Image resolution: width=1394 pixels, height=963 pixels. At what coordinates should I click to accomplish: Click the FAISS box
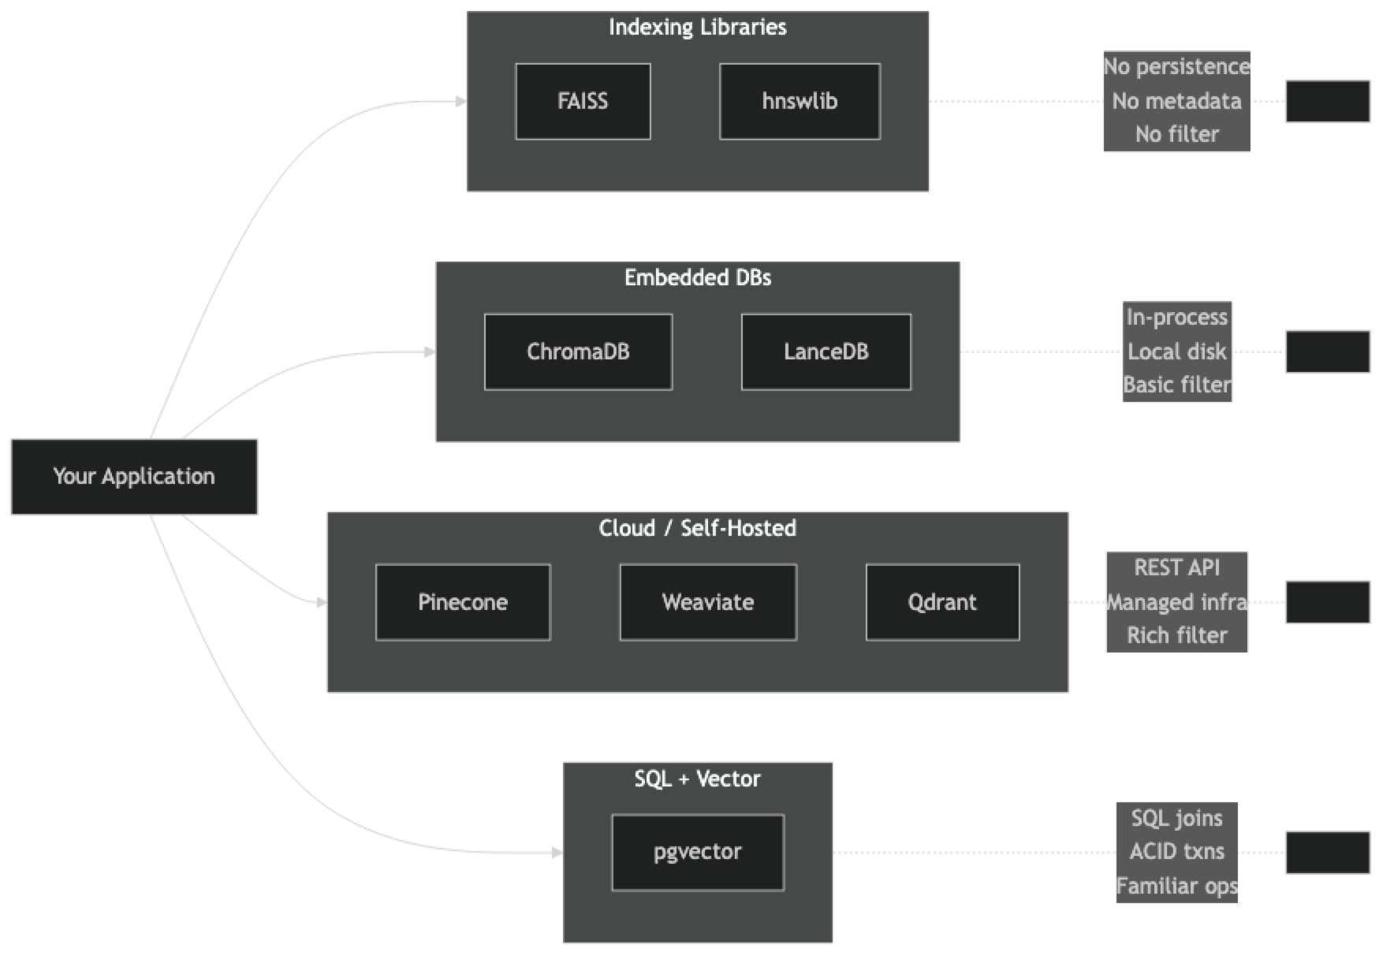click(583, 102)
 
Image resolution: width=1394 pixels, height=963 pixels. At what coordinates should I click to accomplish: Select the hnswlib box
click(799, 102)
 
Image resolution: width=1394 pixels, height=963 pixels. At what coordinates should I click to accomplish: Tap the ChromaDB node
click(578, 351)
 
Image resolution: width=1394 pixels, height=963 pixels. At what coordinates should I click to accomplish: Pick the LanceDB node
click(826, 351)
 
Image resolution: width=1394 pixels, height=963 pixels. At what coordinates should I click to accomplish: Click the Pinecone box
click(463, 602)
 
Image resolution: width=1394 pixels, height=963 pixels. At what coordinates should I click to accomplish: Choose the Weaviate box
click(708, 602)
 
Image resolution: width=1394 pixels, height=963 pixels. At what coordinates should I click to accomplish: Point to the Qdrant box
click(942, 602)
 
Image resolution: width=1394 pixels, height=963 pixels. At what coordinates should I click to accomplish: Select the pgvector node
click(698, 852)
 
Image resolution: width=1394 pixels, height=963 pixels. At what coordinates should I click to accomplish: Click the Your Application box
click(134, 477)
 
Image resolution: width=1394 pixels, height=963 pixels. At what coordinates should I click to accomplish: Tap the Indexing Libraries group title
click(698, 28)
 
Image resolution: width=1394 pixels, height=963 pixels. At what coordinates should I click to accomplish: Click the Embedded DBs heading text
click(698, 277)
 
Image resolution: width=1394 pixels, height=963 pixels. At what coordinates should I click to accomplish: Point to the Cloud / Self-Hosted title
click(698, 528)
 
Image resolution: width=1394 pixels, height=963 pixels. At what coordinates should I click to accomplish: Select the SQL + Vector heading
click(698, 779)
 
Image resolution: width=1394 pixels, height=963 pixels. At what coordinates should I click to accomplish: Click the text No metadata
click(1176, 101)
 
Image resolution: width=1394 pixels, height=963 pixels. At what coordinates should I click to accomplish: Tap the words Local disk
click(1176, 351)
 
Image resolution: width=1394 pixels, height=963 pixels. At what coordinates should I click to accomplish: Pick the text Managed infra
click(1176, 602)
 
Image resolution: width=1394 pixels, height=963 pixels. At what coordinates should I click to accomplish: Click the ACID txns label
click(1176, 852)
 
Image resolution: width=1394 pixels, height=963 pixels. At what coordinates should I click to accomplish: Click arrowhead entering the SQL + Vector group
click(556, 853)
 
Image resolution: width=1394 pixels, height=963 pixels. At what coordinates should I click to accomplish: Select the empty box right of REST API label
click(1328, 602)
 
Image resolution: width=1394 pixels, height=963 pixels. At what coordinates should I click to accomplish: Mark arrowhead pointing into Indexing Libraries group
click(460, 101)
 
